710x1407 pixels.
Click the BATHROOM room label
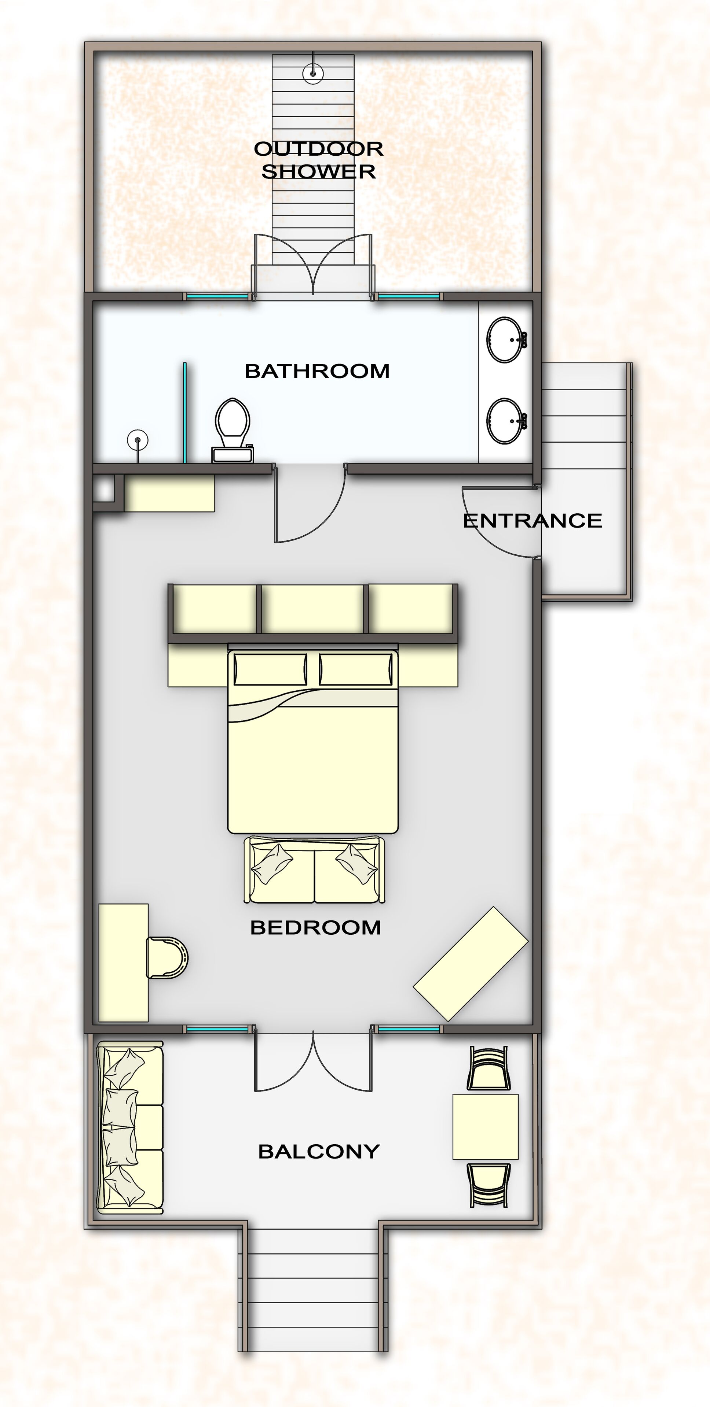[x=317, y=372]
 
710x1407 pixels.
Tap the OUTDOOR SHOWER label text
[x=319, y=160]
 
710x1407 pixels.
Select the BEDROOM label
[x=315, y=927]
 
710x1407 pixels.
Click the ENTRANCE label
[x=532, y=521]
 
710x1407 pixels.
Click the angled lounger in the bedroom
[x=471, y=964]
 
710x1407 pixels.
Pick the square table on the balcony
[x=485, y=1127]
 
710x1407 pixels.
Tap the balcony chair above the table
[x=488, y=1068]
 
